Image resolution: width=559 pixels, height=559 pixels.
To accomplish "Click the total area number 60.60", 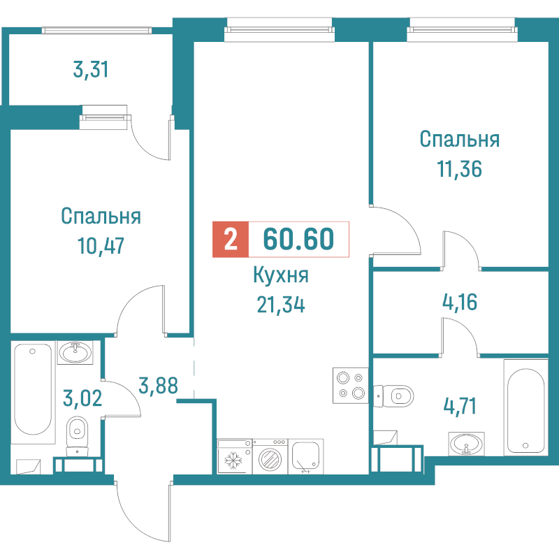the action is point(298,239).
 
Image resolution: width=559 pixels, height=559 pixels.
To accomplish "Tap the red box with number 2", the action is point(231,239).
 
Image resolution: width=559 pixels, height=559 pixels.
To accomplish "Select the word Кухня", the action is point(281,275).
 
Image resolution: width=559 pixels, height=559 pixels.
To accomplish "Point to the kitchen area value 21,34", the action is point(281,305).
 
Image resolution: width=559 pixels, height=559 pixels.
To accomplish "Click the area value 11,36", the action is point(460,169).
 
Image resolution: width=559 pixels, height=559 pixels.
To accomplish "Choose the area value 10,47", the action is point(101,246).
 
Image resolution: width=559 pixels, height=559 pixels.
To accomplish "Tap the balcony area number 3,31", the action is point(91,69).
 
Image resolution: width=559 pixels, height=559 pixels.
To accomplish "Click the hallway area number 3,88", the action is point(158,386).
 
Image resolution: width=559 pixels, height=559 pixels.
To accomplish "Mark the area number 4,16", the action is point(460,303).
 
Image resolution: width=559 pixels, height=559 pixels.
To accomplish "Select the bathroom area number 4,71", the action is point(460,407).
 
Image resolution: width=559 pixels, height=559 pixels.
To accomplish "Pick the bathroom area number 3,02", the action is point(82,398).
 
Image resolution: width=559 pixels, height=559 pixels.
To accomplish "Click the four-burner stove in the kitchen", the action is point(351,386).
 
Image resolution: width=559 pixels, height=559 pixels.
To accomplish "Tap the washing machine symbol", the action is point(270,456).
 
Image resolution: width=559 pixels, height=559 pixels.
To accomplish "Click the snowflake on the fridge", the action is point(233,460).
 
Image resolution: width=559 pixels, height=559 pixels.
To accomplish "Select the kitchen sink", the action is point(305,456).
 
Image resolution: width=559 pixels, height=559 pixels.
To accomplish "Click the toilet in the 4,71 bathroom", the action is point(393,395).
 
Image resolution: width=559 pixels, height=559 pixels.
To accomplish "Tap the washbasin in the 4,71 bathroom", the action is point(466,444).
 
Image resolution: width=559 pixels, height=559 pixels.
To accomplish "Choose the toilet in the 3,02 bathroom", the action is point(78,436).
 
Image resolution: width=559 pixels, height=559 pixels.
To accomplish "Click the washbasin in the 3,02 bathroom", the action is point(75,353).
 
